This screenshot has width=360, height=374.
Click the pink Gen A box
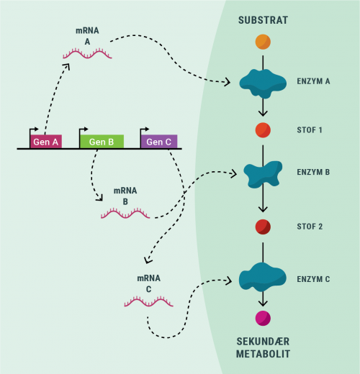tap(45, 142)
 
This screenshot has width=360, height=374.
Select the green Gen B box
tap(102, 142)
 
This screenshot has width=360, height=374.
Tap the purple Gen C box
tap(158, 142)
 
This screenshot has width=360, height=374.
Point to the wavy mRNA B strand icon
tap(125, 213)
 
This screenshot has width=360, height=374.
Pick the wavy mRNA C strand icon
tap(148, 302)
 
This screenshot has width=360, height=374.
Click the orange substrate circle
tap(263, 42)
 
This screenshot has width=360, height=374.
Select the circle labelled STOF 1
tap(263, 131)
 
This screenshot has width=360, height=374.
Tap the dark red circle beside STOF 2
tap(263, 227)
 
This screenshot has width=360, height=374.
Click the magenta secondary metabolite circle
tap(263, 318)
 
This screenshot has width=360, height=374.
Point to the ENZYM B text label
tap(313, 173)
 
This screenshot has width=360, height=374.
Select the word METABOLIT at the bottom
tap(263, 354)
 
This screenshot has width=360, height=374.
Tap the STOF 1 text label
tap(310, 131)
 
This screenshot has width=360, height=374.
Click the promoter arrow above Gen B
tap(84, 129)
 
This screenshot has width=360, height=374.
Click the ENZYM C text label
tap(313, 278)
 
